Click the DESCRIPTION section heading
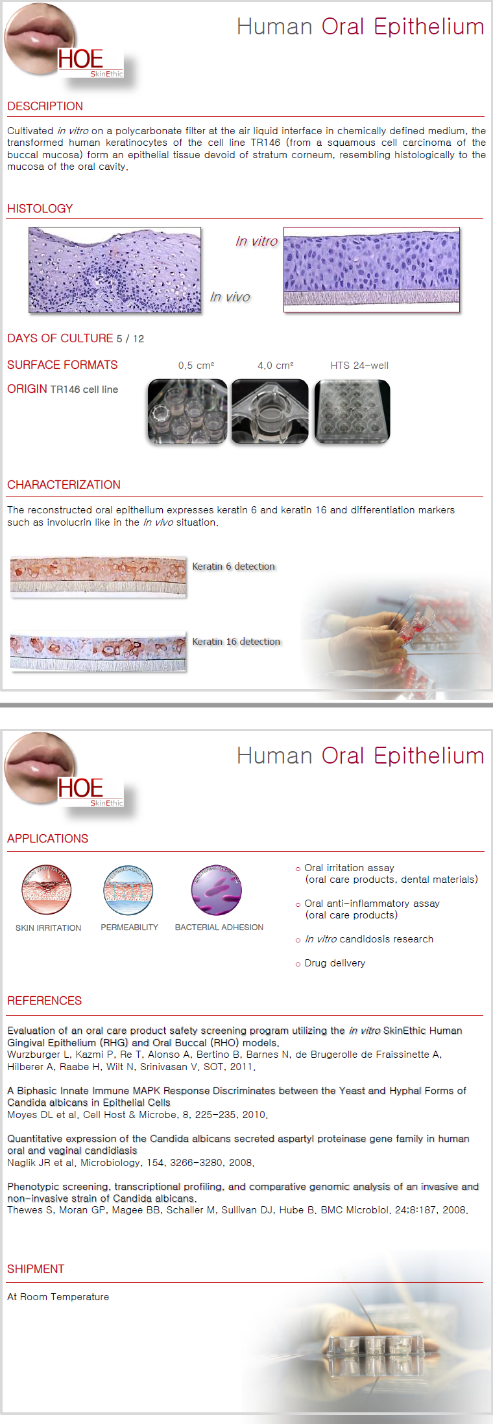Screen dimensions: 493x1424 pyautogui.click(x=45, y=106)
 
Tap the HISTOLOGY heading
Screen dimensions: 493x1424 pyautogui.click(x=40, y=209)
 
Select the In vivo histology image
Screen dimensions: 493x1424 pyautogui.click(x=115, y=270)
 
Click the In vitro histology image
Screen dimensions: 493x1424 pyautogui.click(x=372, y=270)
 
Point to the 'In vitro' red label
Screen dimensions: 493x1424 pyautogui.click(x=256, y=241)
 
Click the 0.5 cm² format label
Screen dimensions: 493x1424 pyautogui.click(x=196, y=366)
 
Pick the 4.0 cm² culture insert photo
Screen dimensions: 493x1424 pyautogui.click(x=270, y=412)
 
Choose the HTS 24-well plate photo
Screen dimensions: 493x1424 pyautogui.click(x=352, y=412)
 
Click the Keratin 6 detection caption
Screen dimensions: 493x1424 pyautogui.click(x=234, y=566)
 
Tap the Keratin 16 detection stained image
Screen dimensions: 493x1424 pyautogui.click(x=98, y=651)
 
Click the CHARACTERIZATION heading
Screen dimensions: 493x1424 pyautogui.click(x=64, y=485)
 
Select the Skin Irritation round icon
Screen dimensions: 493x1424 pyautogui.click(x=46, y=890)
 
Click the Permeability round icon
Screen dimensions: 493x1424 pyautogui.click(x=128, y=890)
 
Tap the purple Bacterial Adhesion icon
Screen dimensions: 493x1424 pyautogui.click(x=217, y=890)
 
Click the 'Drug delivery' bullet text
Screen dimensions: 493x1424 pyautogui.click(x=335, y=963)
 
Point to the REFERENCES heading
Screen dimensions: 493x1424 pyautogui.click(x=44, y=1001)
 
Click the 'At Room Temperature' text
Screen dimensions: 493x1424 pyautogui.click(x=58, y=1297)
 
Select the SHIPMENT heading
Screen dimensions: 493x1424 pyautogui.click(x=36, y=1269)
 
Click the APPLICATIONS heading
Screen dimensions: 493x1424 pyautogui.click(x=47, y=839)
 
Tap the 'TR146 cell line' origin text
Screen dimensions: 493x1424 pyautogui.click(x=84, y=390)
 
